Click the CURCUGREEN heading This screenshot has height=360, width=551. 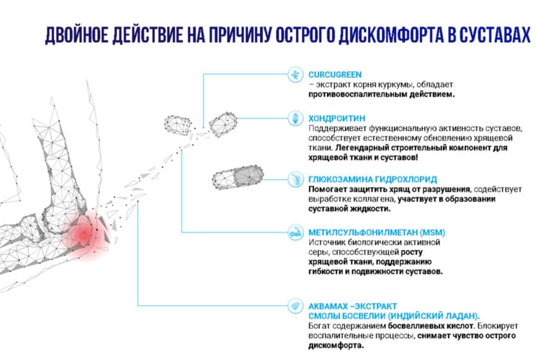click(x=335, y=74)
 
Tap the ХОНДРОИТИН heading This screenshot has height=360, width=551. click(x=336, y=118)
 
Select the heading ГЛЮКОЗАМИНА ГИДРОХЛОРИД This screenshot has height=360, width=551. click(x=372, y=179)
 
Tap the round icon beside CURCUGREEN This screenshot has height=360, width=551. click(x=295, y=74)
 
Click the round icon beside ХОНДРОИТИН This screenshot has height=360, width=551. click(x=295, y=118)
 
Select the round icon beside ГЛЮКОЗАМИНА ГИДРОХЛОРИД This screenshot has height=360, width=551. click(x=295, y=179)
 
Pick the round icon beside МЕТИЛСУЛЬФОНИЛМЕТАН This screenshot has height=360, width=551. click(x=295, y=232)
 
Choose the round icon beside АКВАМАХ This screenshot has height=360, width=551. click(x=295, y=306)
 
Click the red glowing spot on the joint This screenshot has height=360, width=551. click(x=84, y=234)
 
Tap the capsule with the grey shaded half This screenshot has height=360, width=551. click(x=238, y=177)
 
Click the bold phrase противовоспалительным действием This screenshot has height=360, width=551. click(x=382, y=94)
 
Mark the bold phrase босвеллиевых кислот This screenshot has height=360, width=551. click(x=431, y=326)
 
